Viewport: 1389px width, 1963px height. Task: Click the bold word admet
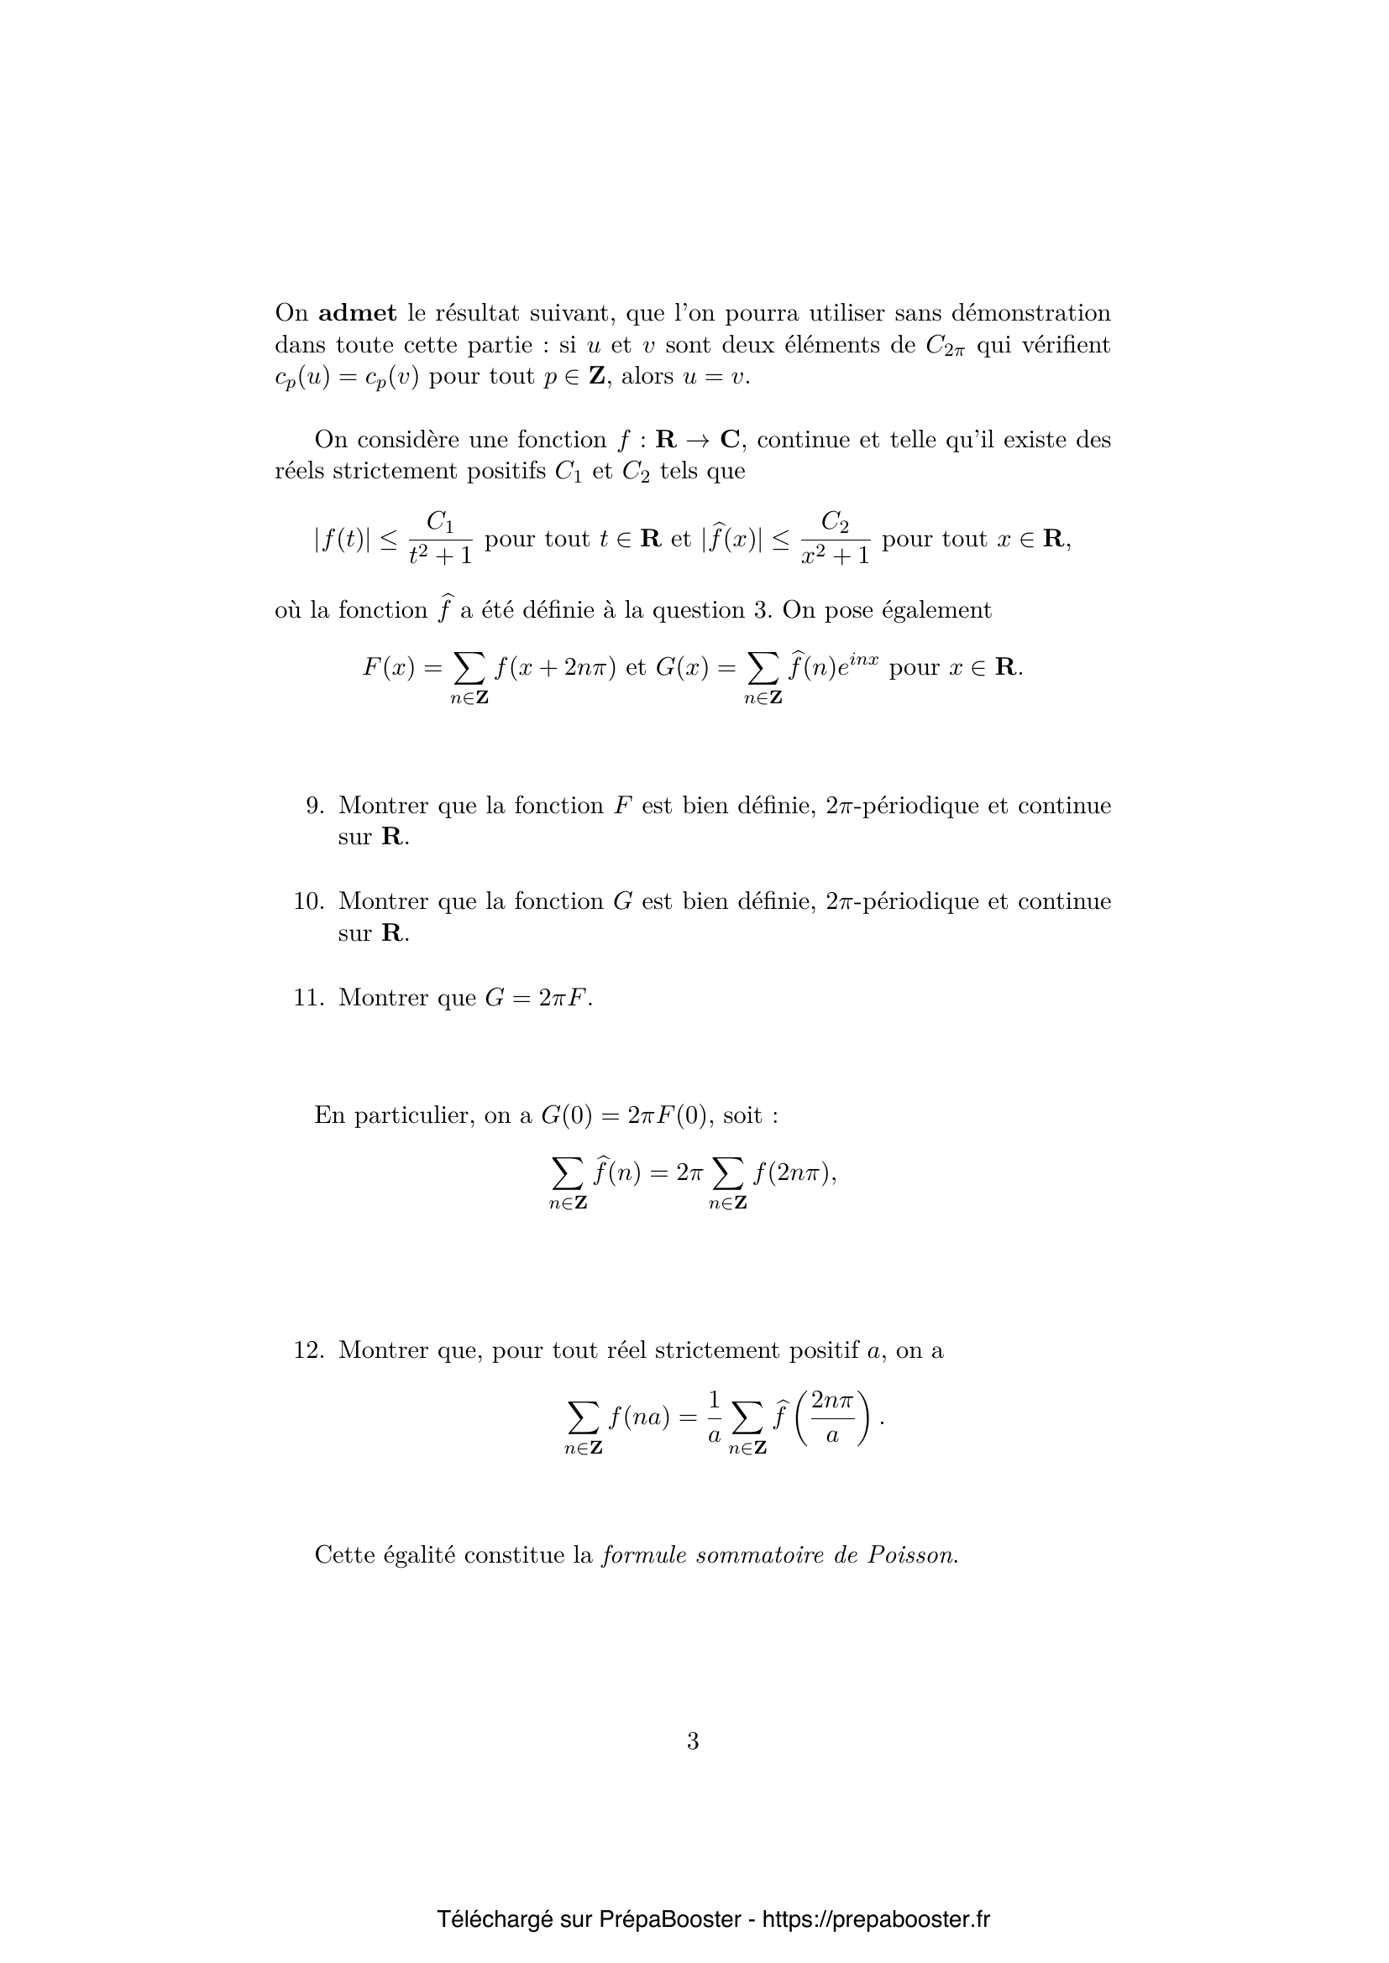[358, 314]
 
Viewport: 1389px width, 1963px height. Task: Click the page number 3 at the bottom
[693, 1741]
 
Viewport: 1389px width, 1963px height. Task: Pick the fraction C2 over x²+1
[835, 539]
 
